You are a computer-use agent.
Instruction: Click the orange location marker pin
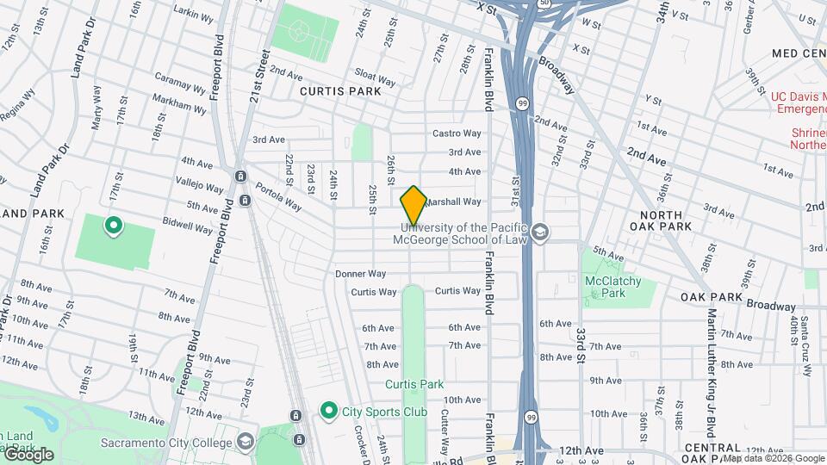coord(413,205)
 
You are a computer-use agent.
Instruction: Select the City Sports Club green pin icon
coord(327,411)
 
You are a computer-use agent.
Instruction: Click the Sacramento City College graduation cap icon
coord(246,443)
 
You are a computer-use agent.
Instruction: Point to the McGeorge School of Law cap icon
coord(540,232)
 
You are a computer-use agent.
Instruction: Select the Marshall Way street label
coord(452,201)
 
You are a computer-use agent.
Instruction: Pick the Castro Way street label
coord(456,133)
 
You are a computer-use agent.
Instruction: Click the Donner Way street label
coord(360,273)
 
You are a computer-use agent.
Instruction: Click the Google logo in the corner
coord(28,454)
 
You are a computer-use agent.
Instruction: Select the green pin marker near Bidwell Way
coord(113,226)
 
